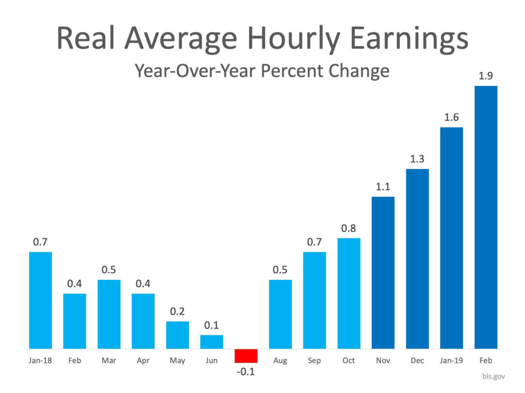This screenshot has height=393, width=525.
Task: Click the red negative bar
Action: tap(246, 356)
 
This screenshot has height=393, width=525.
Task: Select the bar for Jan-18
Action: tap(41, 300)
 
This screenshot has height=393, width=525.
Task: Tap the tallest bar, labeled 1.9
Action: tap(486, 217)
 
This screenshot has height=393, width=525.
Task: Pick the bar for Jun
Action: tap(212, 342)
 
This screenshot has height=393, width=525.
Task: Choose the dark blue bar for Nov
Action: tap(383, 272)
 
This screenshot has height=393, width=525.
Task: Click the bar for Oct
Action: tap(349, 293)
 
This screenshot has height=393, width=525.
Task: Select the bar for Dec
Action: tap(417, 258)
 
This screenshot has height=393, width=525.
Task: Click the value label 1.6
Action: tap(451, 117)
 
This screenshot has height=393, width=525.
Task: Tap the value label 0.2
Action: tap(177, 311)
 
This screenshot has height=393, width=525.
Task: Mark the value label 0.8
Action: tap(349, 228)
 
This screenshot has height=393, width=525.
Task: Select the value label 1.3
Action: tap(417, 159)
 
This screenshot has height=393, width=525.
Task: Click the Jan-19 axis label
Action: tap(451, 361)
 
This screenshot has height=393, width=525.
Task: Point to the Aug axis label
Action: tap(280, 361)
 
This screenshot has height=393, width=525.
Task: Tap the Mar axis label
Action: tap(109, 361)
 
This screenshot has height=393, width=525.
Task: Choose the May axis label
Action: tap(177, 361)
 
